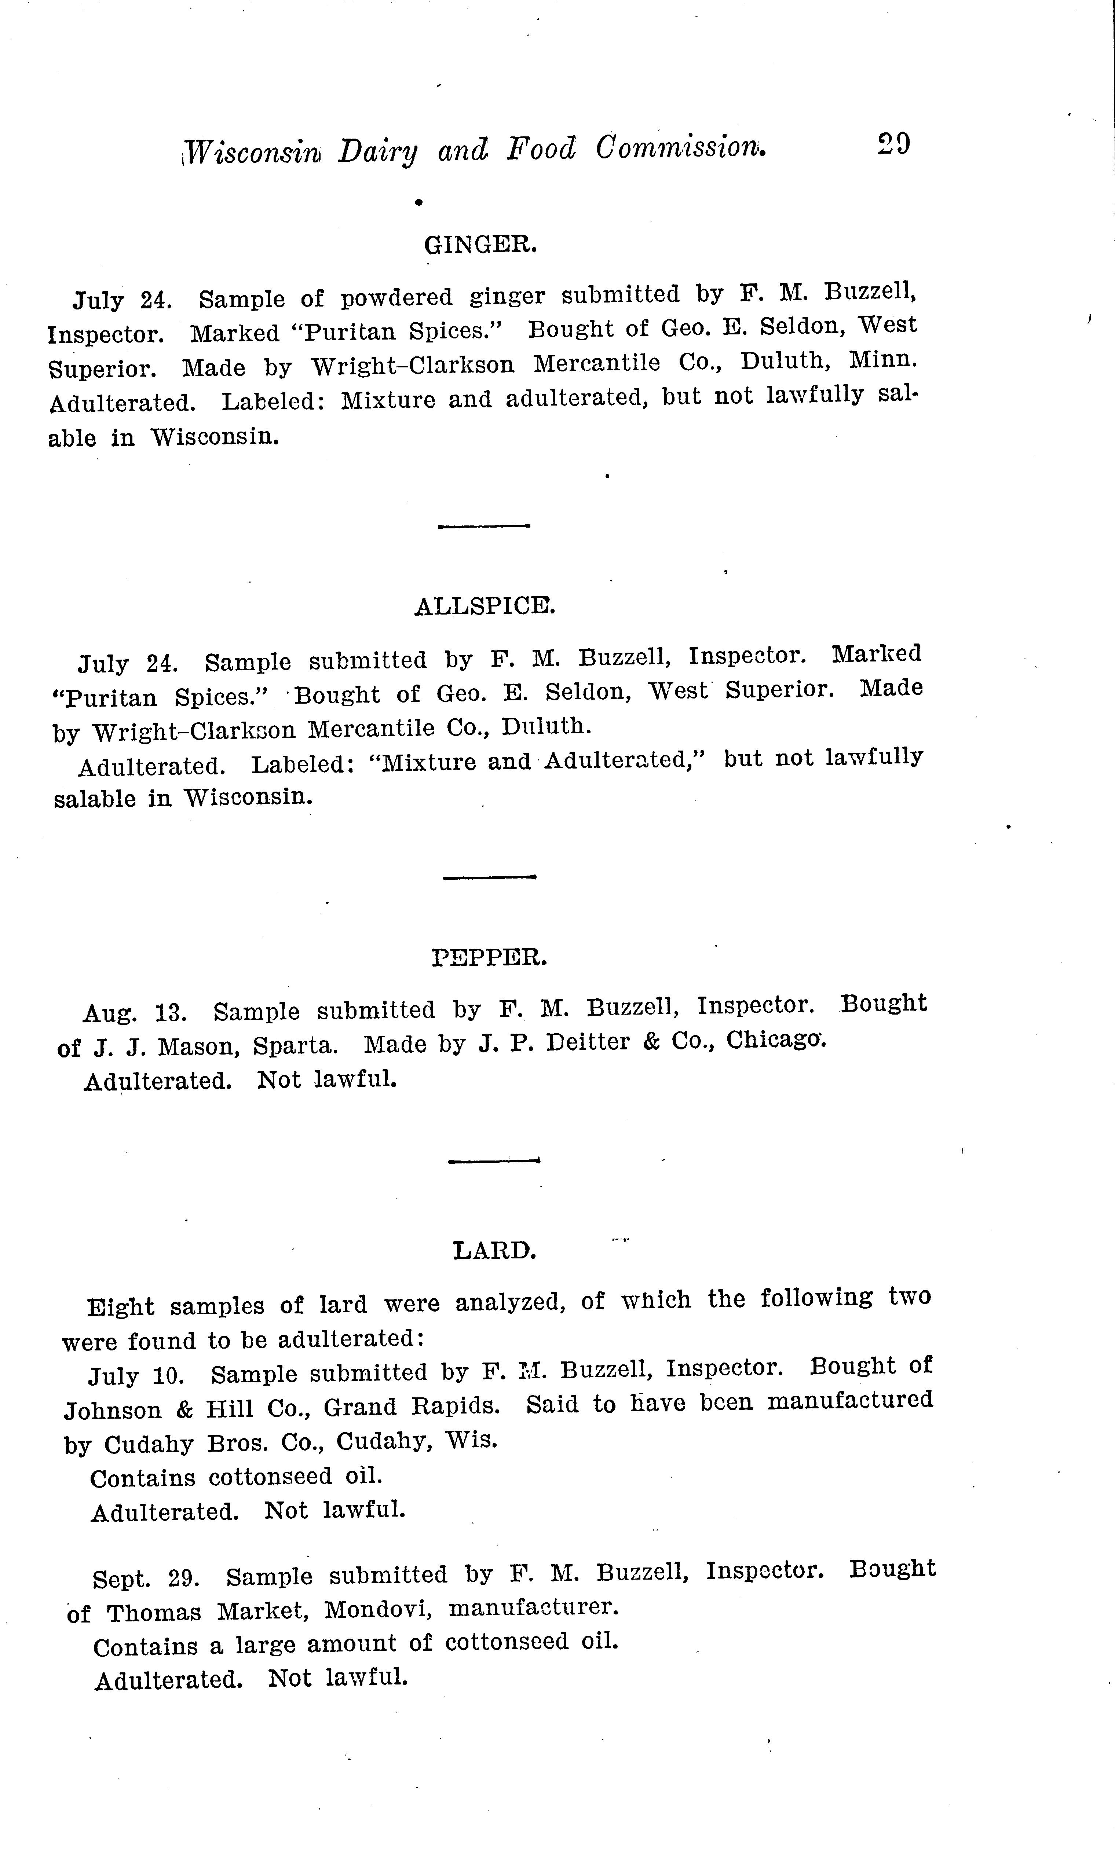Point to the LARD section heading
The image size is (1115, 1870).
coord(494,1250)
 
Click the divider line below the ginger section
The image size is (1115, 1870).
coord(484,526)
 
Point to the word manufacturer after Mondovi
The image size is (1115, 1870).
coord(533,1608)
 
